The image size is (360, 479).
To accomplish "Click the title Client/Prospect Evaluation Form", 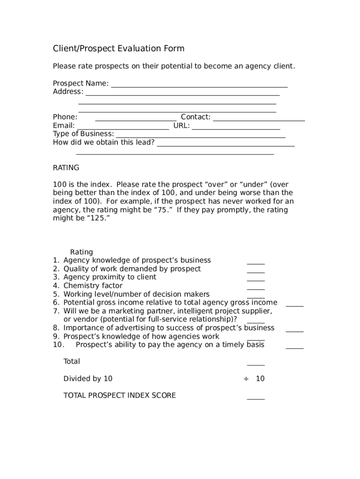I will pos(119,49).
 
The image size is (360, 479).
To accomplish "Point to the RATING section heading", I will pos(66,167).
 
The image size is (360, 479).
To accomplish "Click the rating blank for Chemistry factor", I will pos(256,288).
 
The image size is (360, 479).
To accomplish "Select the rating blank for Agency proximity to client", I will pos(256,279).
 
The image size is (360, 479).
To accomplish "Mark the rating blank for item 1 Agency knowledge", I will pos(256,262).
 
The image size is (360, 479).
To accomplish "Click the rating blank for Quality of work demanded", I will pos(256,271).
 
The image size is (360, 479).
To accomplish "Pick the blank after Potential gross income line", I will pos(295,305).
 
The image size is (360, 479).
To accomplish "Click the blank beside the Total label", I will pos(256,363).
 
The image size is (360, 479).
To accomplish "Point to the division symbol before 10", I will pos(245,379).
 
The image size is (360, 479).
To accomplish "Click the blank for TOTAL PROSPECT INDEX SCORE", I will pos(256,398).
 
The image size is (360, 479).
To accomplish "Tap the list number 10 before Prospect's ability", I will pos(58,345).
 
